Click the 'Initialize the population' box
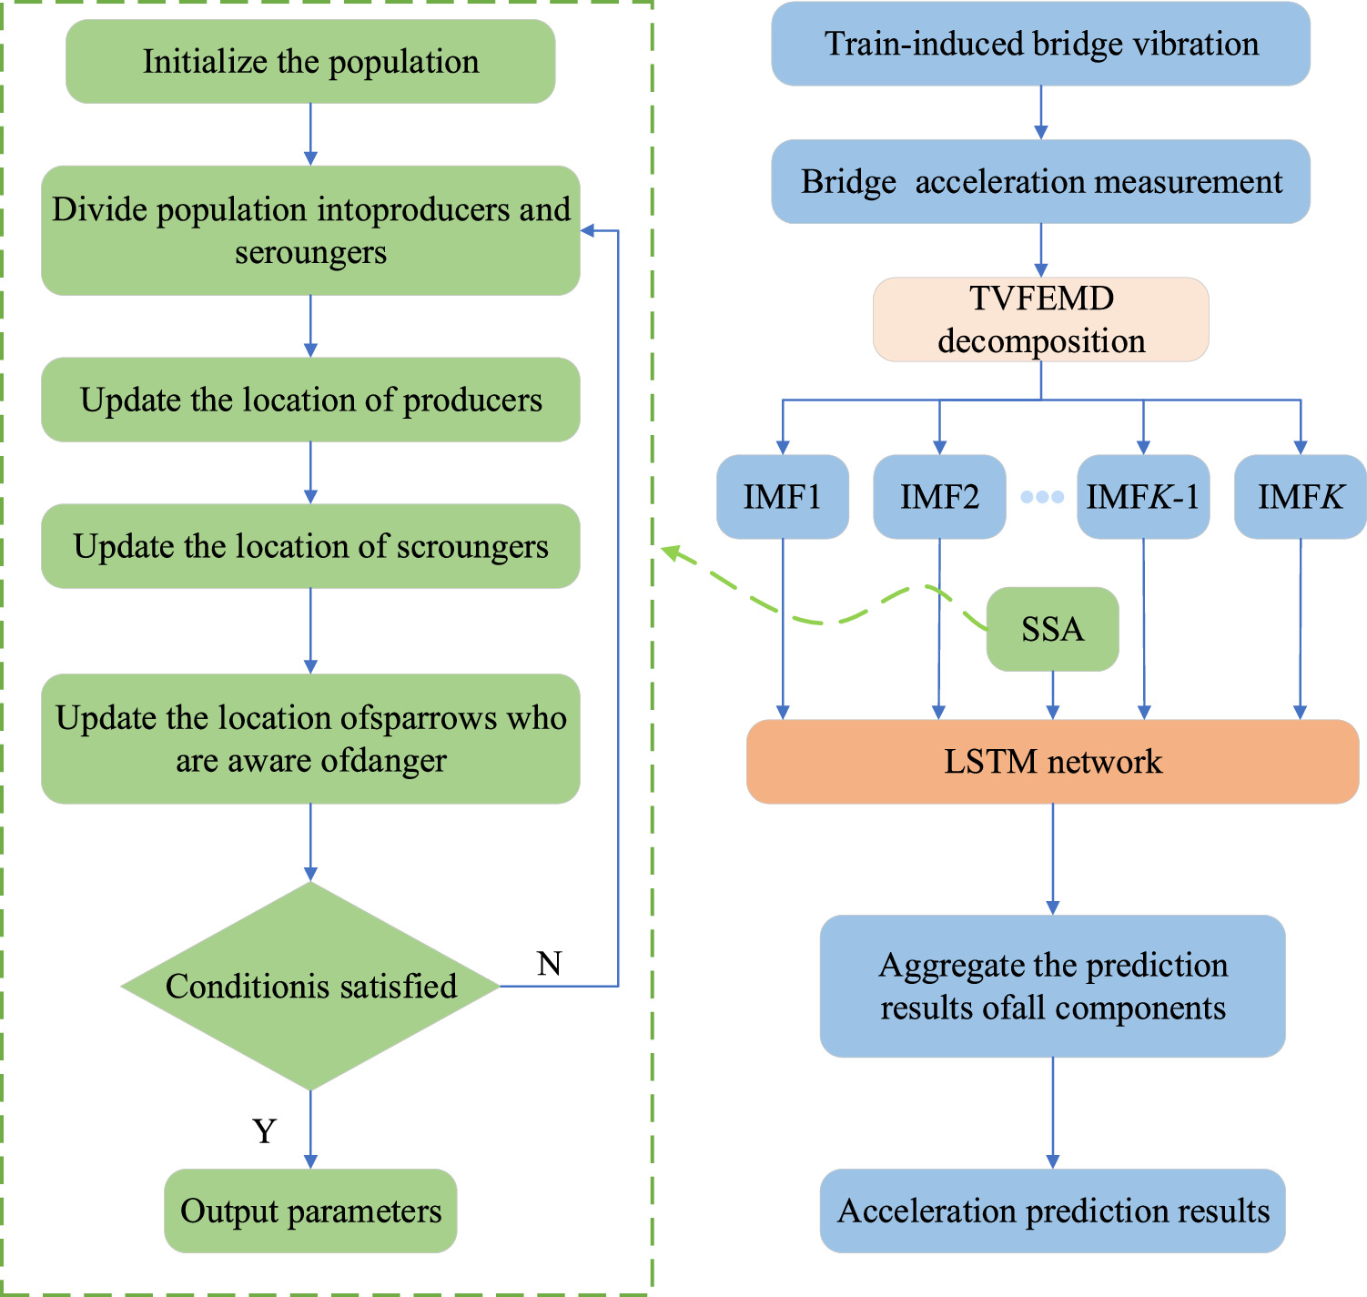tap(310, 62)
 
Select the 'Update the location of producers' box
tap(310, 400)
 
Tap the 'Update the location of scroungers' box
tap(310, 546)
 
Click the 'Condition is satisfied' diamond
tap(310, 986)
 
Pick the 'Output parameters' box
tap(310, 1211)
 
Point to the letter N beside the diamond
tap(549, 963)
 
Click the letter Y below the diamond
tap(264, 1130)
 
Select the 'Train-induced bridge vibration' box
tap(1040, 44)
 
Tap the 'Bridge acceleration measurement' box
tap(1040, 182)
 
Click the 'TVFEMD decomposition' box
tap(1040, 319)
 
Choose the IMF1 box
tap(783, 497)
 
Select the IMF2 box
tap(939, 497)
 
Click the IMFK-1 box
tap(1143, 497)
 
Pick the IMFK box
tap(1300, 497)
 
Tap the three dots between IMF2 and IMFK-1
tap(1042, 497)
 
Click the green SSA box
tap(1052, 629)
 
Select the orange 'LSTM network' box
tap(1052, 762)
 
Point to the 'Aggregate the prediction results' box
tap(1052, 986)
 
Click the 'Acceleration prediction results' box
tap(1052, 1211)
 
